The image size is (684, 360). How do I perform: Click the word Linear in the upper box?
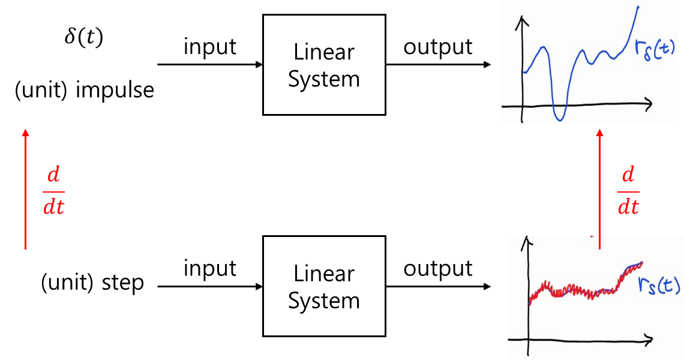tap(324, 52)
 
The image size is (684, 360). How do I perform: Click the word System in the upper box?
tap(324, 79)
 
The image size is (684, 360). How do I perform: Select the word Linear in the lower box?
tap(324, 274)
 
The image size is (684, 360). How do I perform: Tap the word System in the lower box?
tap(324, 301)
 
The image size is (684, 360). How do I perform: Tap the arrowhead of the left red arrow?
tap(25, 131)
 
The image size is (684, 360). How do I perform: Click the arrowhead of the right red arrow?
tap(599, 133)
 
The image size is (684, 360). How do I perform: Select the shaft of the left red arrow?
tap(25, 192)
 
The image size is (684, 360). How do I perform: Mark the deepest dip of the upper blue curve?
tap(560, 119)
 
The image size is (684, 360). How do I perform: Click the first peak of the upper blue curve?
tap(543, 47)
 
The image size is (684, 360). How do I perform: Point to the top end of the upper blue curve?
tap(638, 7)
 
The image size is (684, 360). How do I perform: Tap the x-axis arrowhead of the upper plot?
tap(649, 104)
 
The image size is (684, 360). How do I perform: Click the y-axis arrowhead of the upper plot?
tap(524, 22)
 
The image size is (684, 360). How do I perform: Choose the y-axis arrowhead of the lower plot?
tap(528, 241)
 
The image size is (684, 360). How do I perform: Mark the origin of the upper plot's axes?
tap(524, 106)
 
